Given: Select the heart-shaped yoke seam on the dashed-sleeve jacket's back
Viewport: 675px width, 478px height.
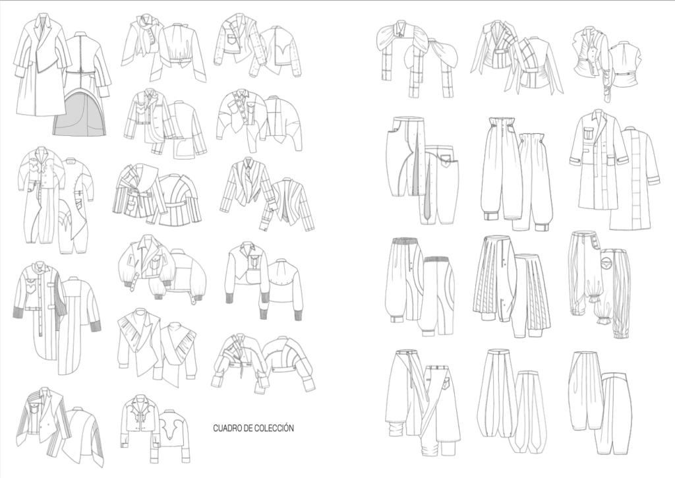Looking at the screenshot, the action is click(x=278, y=51).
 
